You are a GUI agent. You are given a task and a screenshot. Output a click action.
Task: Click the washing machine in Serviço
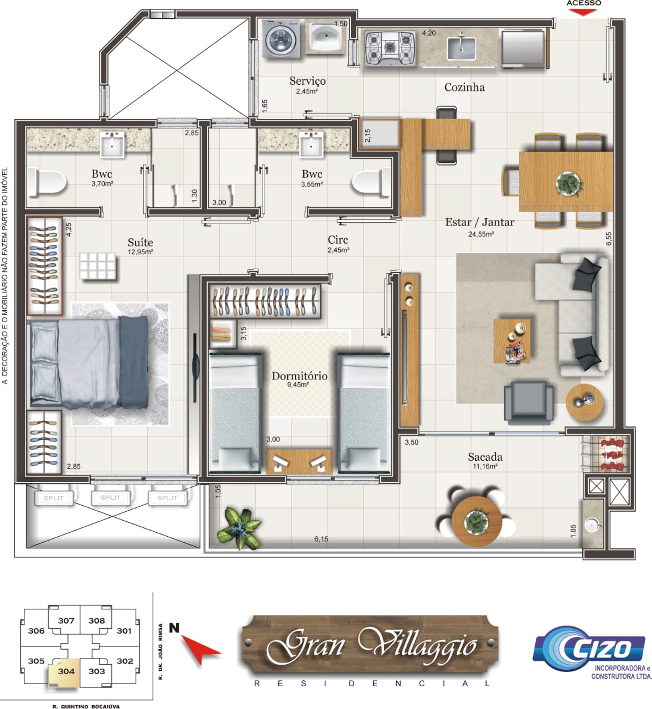(281, 38)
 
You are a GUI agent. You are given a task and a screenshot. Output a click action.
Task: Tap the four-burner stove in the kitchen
(390, 48)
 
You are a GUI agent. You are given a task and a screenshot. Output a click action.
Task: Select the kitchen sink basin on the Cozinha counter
(461, 48)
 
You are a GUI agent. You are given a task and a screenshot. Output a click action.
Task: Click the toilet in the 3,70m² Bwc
(46, 182)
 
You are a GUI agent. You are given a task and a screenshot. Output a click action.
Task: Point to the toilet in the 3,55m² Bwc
(371, 182)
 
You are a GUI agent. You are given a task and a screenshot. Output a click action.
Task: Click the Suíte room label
(140, 242)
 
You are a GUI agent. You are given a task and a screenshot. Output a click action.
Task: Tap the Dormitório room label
(299, 376)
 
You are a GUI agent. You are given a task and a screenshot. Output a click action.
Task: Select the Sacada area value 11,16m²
(485, 466)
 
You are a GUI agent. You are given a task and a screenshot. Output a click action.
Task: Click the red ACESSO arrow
(583, 12)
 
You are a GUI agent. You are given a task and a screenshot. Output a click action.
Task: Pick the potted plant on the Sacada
(240, 527)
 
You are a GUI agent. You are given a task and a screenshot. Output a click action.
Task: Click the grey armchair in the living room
(529, 402)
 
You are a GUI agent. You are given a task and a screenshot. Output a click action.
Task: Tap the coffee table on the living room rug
(511, 341)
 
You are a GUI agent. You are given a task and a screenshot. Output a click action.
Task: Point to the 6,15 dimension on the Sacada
(321, 538)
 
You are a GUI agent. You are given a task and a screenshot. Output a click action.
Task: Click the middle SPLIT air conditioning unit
(111, 497)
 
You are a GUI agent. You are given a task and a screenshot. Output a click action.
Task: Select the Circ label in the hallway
(338, 240)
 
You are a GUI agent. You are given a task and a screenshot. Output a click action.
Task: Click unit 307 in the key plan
(66, 620)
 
